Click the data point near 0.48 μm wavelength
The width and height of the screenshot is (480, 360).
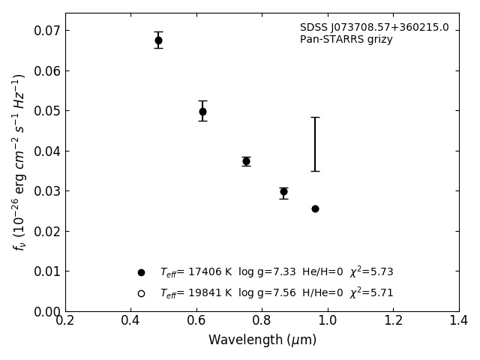(x=158, y=40)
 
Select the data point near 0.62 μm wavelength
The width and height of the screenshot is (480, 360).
(x=202, y=112)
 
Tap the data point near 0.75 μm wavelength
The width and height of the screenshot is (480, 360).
(x=246, y=161)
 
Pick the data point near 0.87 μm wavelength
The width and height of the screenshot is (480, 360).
(x=283, y=191)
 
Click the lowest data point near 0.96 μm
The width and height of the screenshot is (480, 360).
(x=315, y=208)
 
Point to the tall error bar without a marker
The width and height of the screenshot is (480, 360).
(x=315, y=144)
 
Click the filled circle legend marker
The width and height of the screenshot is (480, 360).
(x=141, y=272)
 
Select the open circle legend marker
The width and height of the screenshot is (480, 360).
(x=141, y=293)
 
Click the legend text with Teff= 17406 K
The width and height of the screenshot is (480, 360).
(x=276, y=272)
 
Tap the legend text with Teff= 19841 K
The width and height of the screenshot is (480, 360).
(x=276, y=293)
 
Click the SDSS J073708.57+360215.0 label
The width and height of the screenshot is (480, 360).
(x=374, y=28)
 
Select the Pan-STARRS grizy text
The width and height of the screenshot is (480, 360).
(x=346, y=40)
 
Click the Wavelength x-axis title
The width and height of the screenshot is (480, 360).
(x=262, y=340)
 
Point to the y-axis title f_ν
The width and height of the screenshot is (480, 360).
(x=19, y=161)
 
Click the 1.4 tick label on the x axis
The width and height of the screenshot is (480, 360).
(x=459, y=321)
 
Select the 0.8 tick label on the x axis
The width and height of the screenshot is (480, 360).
(x=262, y=321)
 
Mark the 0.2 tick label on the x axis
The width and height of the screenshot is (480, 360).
(x=65, y=321)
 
